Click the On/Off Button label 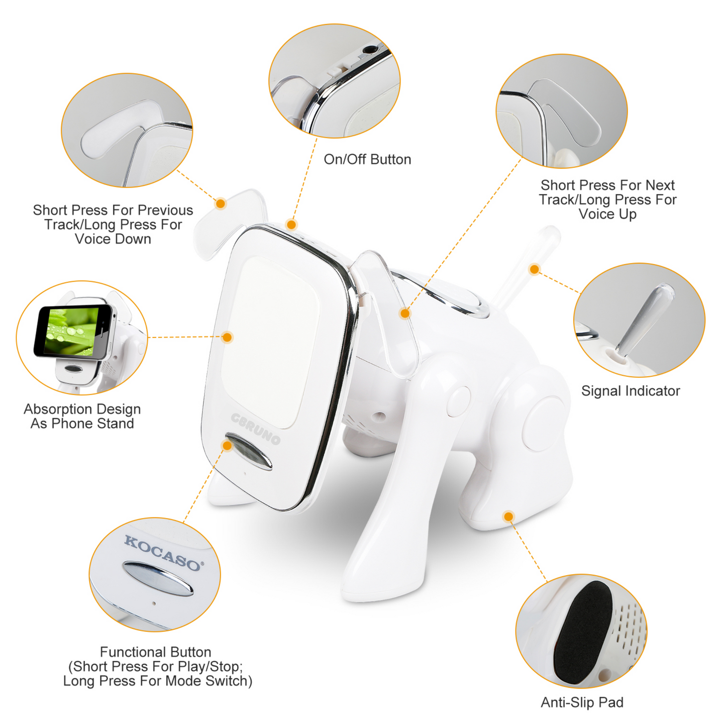(x=367, y=160)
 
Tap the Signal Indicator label (x=630, y=391)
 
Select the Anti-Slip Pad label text (x=582, y=702)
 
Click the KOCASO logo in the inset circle (x=162, y=552)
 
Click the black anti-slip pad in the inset (x=583, y=632)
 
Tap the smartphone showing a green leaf (x=74, y=331)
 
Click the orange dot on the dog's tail (x=534, y=269)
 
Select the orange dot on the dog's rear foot (x=508, y=516)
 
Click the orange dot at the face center (x=227, y=337)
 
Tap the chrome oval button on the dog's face (x=249, y=451)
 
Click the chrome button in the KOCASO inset (x=158, y=579)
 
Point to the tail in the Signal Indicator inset (x=644, y=318)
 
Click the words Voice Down (x=113, y=239)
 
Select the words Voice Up (x=607, y=214)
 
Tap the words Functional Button (x=155, y=652)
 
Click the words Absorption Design (x=82, y=409)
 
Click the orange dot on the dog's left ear (x=220, y=203)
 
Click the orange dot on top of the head (x=292, y=224)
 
